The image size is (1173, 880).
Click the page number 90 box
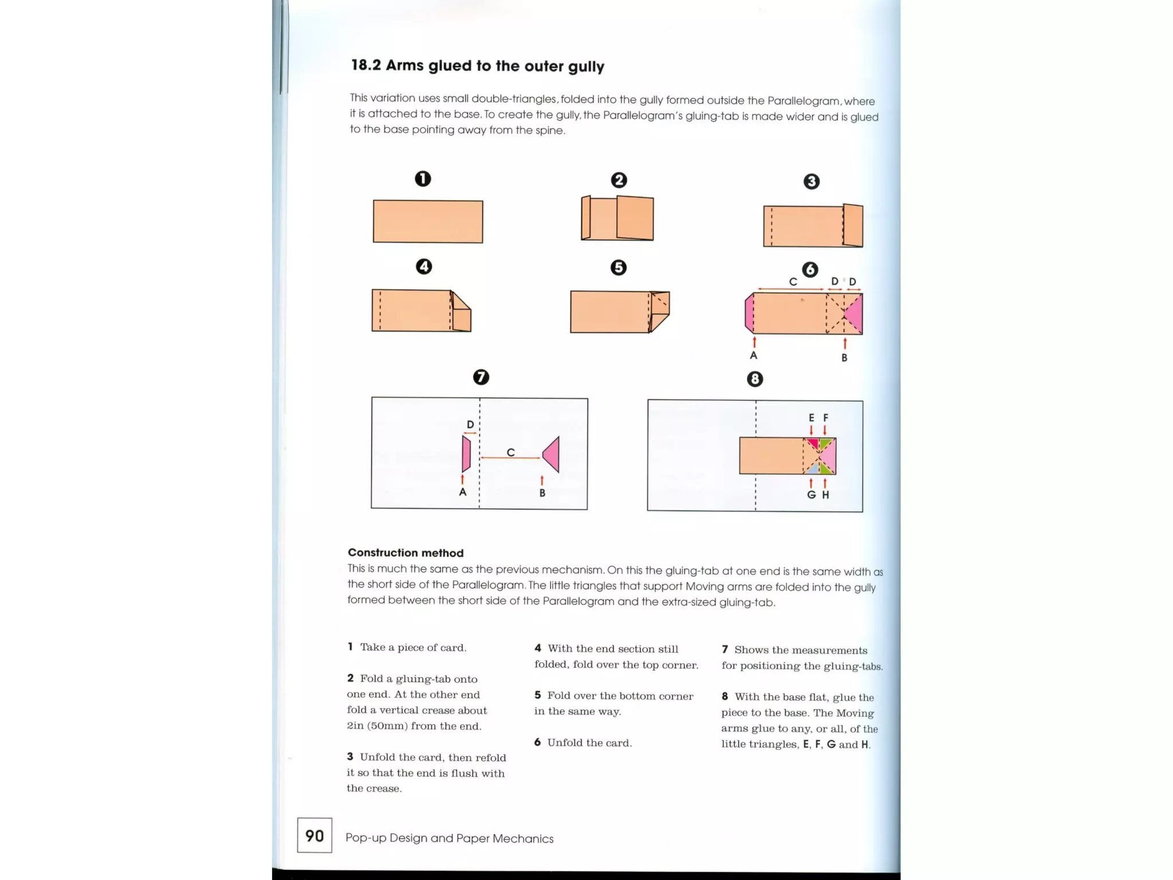314,835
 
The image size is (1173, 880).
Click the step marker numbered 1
423,179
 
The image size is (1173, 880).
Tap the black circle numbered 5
619,268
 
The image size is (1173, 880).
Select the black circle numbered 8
755,379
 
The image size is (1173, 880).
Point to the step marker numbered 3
811,182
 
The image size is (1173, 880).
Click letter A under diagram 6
754,355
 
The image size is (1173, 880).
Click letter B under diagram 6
844,357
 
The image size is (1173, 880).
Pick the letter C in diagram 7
510,453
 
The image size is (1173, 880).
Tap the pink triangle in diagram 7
552,454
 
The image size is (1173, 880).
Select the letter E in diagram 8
811,418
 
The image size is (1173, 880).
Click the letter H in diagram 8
825,495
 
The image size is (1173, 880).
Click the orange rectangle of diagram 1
428,221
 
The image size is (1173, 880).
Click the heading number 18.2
365,65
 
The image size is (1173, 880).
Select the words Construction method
406,553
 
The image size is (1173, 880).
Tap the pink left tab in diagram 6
749,313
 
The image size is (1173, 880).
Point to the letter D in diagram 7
470,425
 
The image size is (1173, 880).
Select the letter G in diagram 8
811,495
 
